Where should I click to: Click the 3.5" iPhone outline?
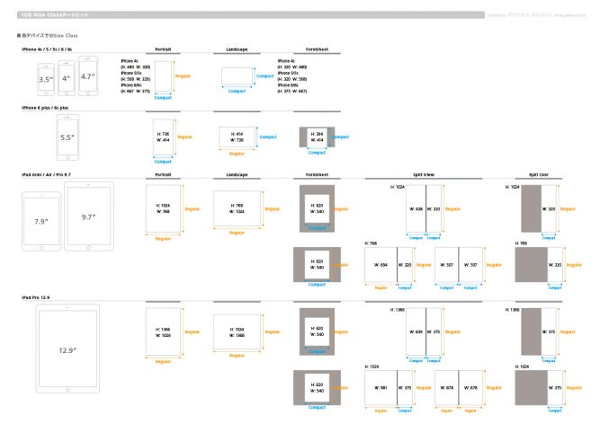[44, 79]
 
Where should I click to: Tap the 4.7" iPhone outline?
[87, 76]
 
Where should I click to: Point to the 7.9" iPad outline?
[40, 219]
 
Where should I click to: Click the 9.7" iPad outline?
[88, 216]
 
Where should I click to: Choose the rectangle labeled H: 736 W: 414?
[163, 137]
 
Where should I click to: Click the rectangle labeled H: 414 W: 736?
[237, 137]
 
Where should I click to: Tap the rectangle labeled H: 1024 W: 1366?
[237, 330]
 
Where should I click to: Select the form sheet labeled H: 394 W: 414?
[314, 137]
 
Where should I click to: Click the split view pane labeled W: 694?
[382, 265]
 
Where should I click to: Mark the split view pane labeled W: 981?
[382, 387]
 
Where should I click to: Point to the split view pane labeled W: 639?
[415, 331]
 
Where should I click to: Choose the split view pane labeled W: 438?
[416, 208]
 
